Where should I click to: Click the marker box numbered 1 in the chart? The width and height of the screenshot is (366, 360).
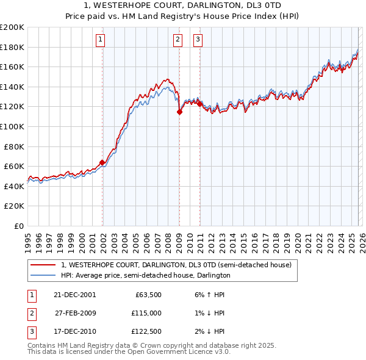pyautogui.click(x=100, y=40)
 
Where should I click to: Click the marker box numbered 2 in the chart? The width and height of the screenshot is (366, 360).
pyautogui.click(x=178, y=40)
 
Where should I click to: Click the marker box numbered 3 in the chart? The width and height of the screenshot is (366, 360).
pyautogui.click(x=198, y=40)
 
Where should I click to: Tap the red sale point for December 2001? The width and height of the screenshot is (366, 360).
pyautogui.click(x=102, y=162)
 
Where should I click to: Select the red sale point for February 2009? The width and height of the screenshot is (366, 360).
pyautogui.click(x=179, y=111)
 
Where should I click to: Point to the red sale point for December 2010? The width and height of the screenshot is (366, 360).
pyautogui.click(x=199, y=104)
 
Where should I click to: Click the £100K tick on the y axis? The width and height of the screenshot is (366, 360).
pyautogui.click(x=12, y=126)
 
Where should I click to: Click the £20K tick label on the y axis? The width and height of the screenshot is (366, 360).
pyautogui.click(x=14, y=206)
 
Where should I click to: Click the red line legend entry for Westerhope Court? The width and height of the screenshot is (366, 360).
pyautogui.click(x=176, y=265)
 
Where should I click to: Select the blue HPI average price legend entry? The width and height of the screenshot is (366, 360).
pyautogui.click(x=145, y=275)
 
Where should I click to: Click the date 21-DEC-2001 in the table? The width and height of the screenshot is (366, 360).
pyautogui.click(x=74, y=294)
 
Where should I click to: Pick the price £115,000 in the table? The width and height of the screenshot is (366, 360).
pyautogui.click(x=146, y=313)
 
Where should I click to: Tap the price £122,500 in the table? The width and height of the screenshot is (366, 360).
pyautogui.click(x=146, y=332)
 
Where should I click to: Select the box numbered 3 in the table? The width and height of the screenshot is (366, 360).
pyautogui.click(x=31, y=332)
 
